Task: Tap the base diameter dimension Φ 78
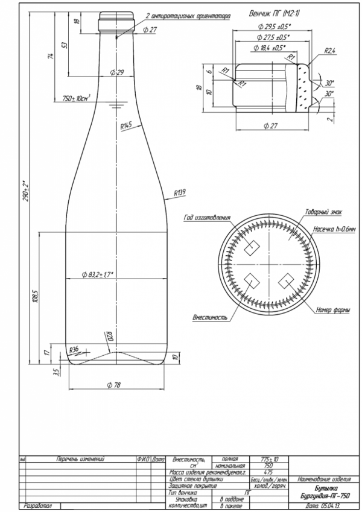click(113, 384)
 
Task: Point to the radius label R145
click(126, 127)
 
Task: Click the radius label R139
click(179, 192)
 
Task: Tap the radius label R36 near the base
click(75, 349)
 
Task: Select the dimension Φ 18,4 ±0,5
click(268, 47)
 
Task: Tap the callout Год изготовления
click(208, 217)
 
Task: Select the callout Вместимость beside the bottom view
click(209, 316)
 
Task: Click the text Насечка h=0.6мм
click(334, 229)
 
